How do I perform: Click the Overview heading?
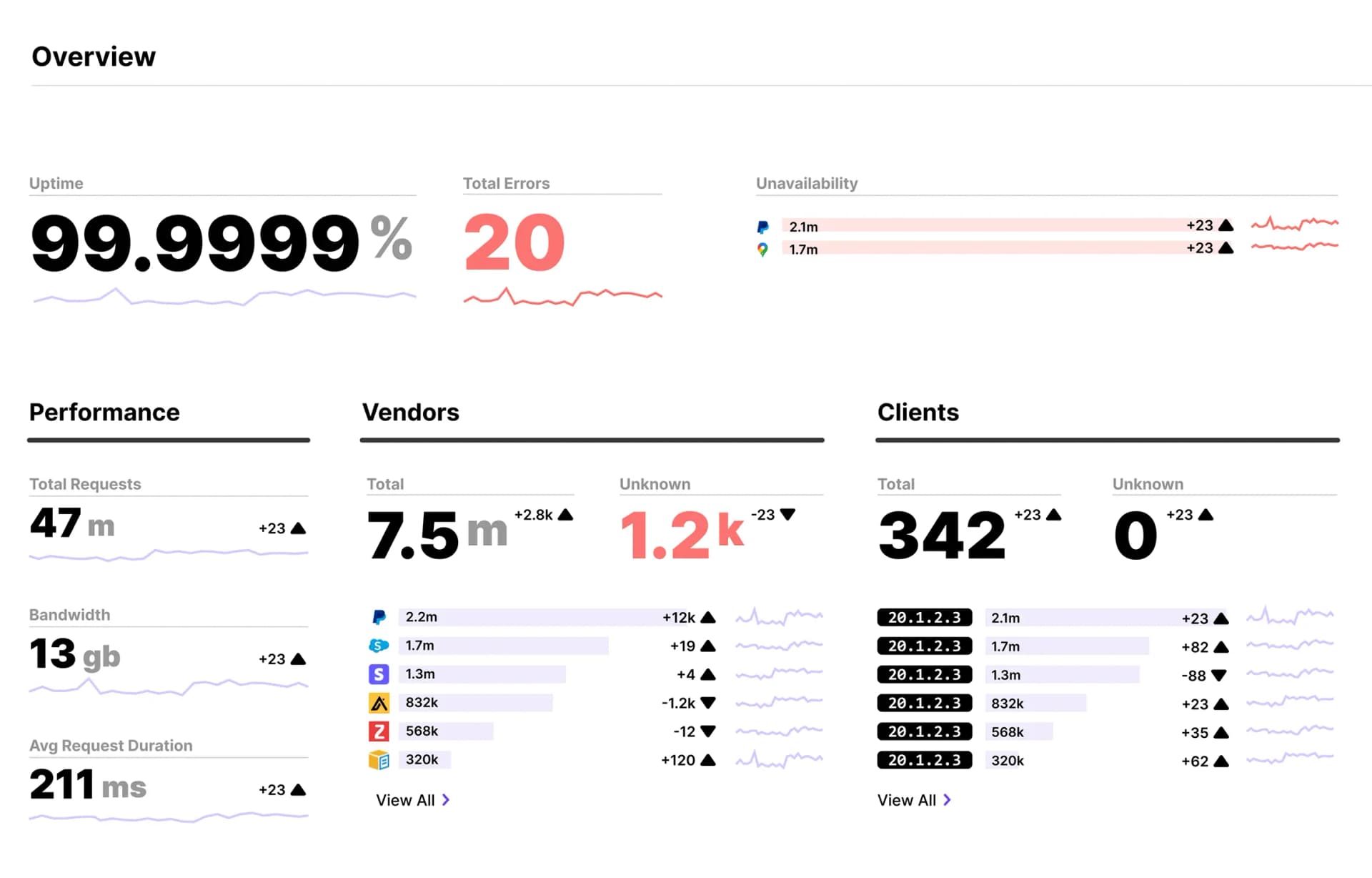[x=94, y=56]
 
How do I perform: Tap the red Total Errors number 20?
[x=514, y=243]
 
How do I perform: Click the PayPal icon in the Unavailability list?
[x=763, y=227]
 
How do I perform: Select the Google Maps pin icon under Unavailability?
[x=763, y=250]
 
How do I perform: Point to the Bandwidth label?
[x=69, y=615]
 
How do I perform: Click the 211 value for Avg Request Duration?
[x=62, y=784]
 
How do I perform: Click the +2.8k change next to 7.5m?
[x=534, y=515]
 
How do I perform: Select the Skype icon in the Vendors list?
[x=379, y=646]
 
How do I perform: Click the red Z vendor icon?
[x=379, y=731]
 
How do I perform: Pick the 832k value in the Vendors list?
[x=422, y=703]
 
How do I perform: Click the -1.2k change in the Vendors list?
[x=678, y=703]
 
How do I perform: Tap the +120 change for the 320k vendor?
[x=678, y=760]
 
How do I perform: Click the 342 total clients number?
[x=942, y=535]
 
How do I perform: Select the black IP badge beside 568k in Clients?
[x=924, y=732]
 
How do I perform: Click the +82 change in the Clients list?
[x=1195, y=647]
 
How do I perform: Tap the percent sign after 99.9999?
[x=392, y=238]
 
